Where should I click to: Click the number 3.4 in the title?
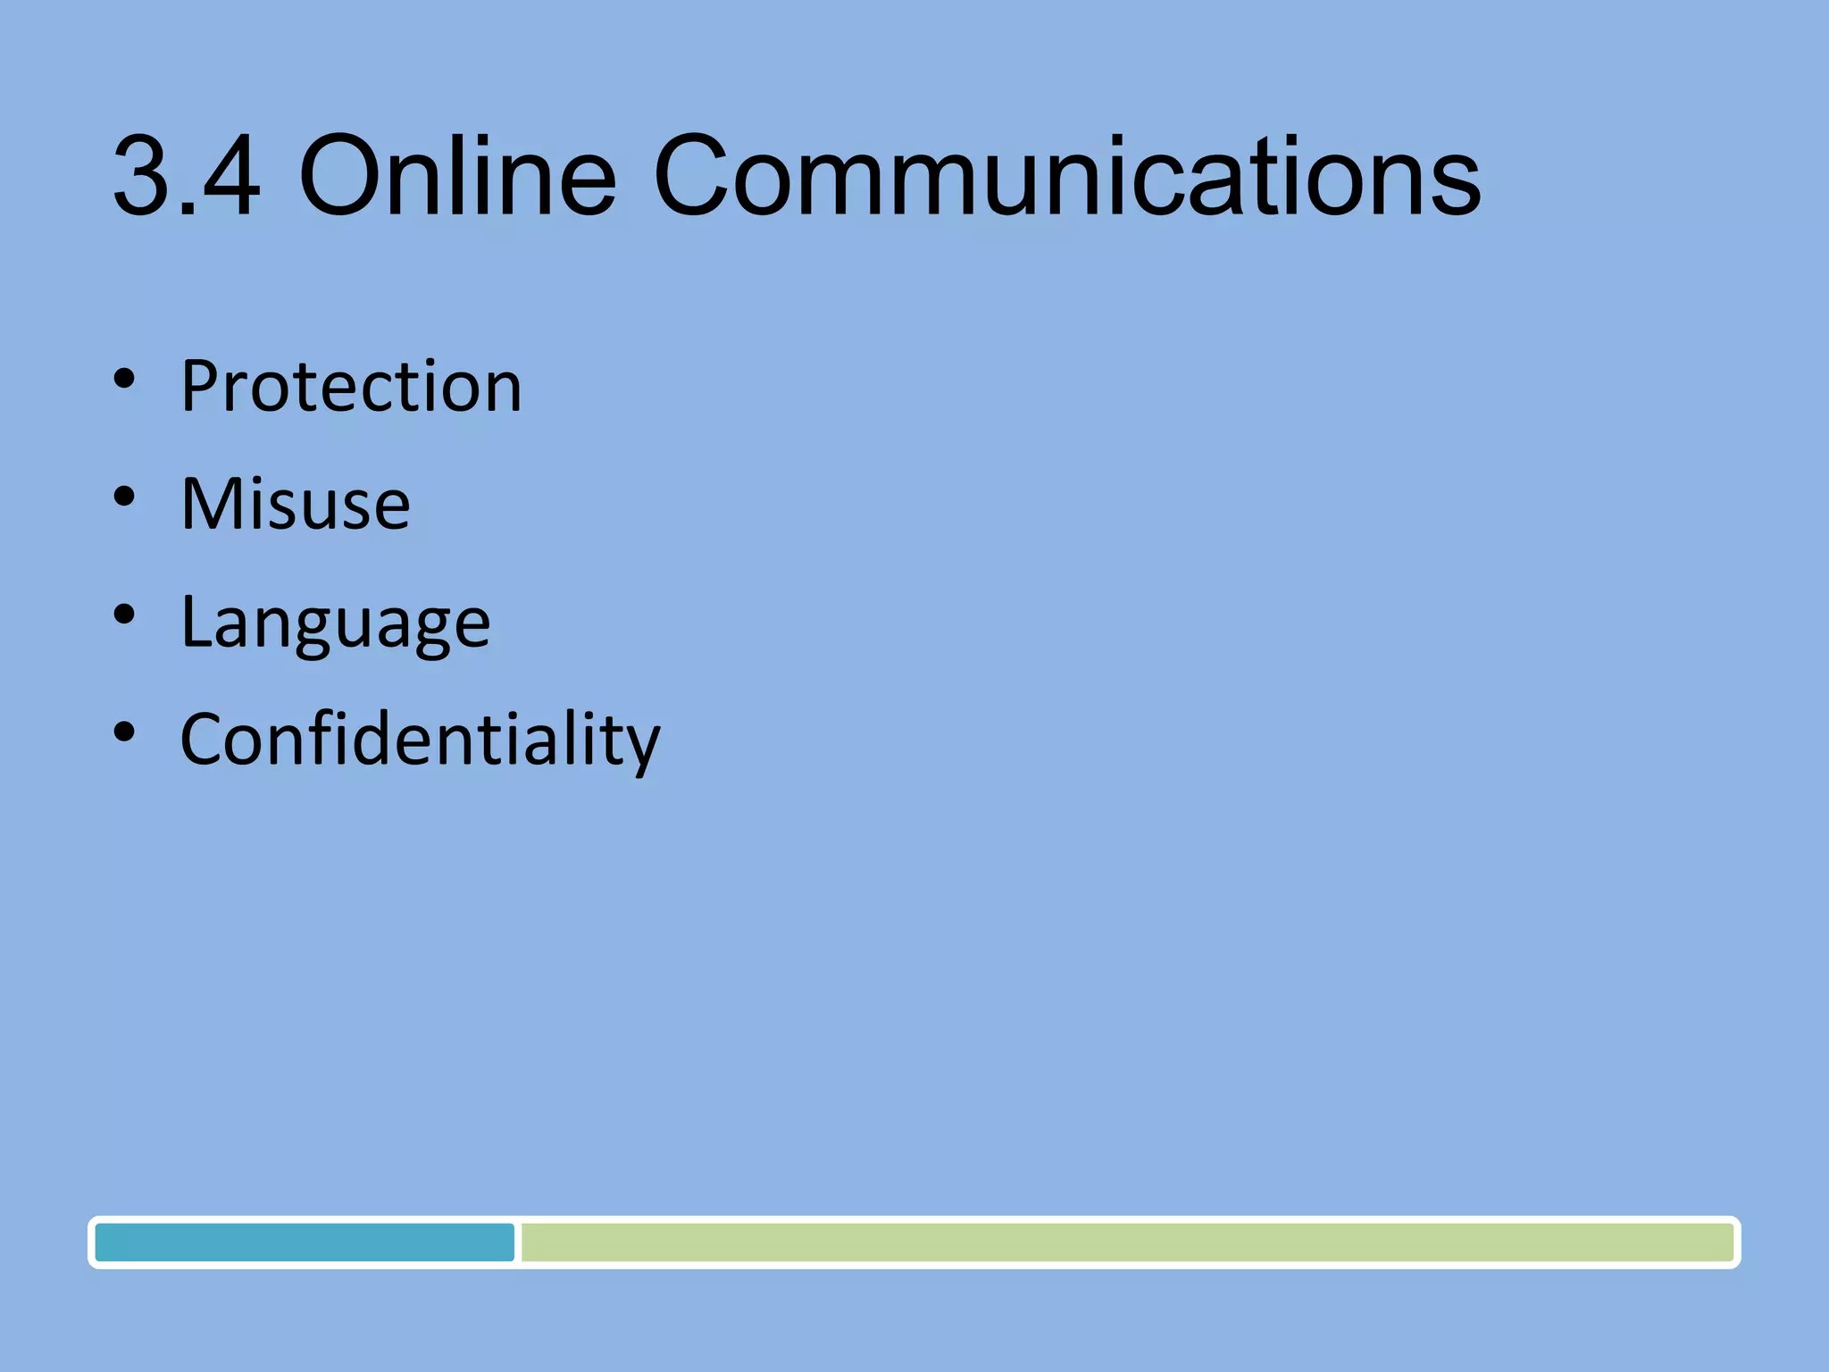[187, 175]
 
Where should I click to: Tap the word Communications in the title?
[1067, 175]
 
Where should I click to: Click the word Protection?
[351, 386]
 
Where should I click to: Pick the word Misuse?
[296, 504]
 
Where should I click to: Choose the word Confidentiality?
[420, 740]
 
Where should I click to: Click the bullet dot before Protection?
[124, 379]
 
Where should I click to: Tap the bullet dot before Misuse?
[124, 497]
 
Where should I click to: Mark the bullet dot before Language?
[124, 615]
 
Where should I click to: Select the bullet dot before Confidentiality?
[124, 732]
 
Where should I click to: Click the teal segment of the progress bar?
[305, 1242]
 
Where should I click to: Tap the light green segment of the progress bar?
[1126, 1242]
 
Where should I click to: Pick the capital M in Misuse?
[211, 504]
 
